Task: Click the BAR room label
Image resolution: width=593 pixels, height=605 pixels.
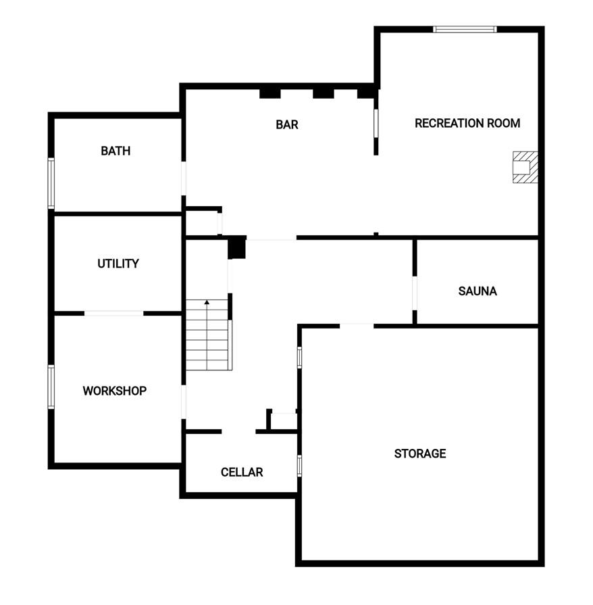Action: (286, 124)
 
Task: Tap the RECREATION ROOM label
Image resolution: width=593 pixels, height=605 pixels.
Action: (467, 123)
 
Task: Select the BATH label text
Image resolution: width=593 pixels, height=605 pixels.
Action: (115, 151)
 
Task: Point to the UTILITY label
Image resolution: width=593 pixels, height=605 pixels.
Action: (118, 264)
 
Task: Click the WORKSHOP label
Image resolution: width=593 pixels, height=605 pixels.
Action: (115, 391)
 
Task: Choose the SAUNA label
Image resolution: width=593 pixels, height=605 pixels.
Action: (478, 291)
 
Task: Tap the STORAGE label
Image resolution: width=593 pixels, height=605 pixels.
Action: (420, 453)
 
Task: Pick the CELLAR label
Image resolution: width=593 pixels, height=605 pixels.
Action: (242, 472)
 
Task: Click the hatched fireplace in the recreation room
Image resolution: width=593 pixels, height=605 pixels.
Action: (525, 167)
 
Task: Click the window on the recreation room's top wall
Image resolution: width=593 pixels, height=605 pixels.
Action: (465, 29)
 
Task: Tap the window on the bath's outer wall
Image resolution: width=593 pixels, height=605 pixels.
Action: (51, 183)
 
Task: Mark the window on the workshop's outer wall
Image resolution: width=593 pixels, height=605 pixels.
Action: (51, 387)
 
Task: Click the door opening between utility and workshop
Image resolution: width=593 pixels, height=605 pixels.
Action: (114, 313)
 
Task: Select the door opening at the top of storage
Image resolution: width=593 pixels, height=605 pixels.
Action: (357, 326)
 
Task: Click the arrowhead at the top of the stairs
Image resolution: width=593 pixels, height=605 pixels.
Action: (207, 302)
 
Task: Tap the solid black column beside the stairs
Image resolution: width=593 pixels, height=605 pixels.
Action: (236, 247)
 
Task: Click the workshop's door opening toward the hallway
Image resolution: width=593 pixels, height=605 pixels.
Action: (183, 402)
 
